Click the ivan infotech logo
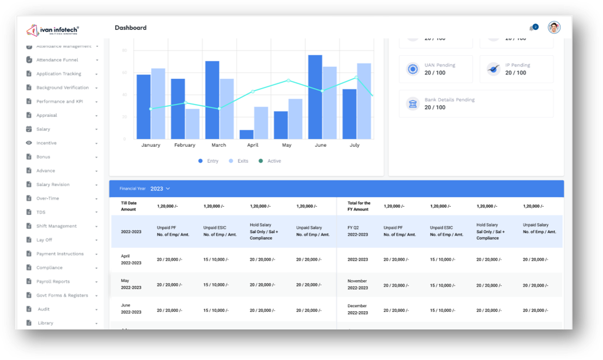(53, 30)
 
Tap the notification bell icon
(532, 28)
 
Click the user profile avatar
(554, 28)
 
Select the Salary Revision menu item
(53, 184)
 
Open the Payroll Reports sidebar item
(53, 281)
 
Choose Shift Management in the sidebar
(56, 226)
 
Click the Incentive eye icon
(29, 143)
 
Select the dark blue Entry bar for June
(315, 97)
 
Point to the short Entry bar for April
(247, 134)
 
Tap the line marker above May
(288, 80)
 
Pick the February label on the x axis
(185, 145)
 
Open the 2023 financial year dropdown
(160, 189)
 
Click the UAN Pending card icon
(413, 69)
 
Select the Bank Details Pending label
(450, 100)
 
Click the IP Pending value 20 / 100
(516, 73)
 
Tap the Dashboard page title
(130, 28)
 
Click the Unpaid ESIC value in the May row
(216, 285)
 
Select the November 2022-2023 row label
(357, 285)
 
